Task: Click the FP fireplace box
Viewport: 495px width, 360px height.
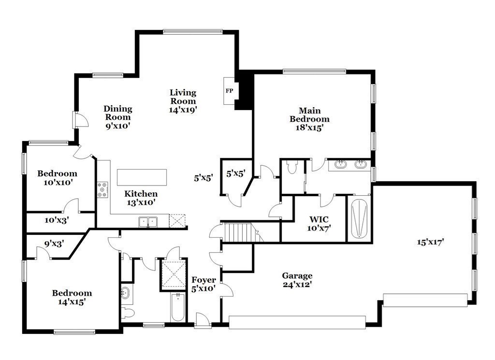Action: (229, 90)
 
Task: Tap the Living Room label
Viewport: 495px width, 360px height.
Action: (183, 97)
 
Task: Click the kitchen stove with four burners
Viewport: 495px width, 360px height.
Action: (102, 190)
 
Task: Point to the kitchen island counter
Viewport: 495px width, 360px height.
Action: (142, 177)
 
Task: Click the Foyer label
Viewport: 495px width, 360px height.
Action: (204, 280)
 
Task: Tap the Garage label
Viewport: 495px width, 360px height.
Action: (297, 276)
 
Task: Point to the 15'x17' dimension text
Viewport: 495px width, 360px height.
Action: (430, 242)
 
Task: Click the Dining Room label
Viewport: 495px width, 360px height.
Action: (117, 113)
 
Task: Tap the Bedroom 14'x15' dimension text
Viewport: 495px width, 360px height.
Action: (72, 302)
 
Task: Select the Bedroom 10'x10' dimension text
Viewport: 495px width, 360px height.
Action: (57, 183)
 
